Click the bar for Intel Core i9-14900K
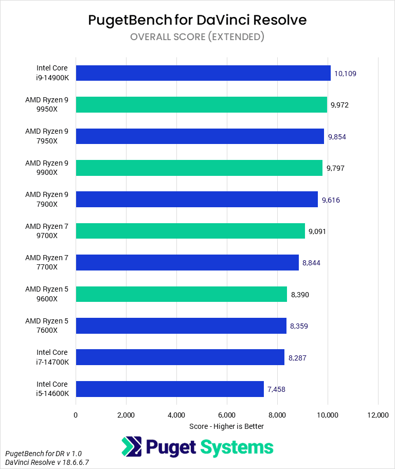click(203, 73)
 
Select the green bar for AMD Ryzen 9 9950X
click(201, 105)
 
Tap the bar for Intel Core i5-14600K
click(170, 389)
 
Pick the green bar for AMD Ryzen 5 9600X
click(181, 294)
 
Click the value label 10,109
click(345, 74)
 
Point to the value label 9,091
click(317, 231)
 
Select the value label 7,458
click(276, 389)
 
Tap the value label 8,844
click(311, 263)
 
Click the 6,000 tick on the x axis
click(227, 415)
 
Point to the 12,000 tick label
click(378, 415)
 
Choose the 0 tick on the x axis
click(76, 415)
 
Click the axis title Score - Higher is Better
click(226, 426)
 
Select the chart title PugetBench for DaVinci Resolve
click(197, 20)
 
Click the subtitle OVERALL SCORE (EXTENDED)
click(197, 37)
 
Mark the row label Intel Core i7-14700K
click(52, 357)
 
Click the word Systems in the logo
click(237, 447)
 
